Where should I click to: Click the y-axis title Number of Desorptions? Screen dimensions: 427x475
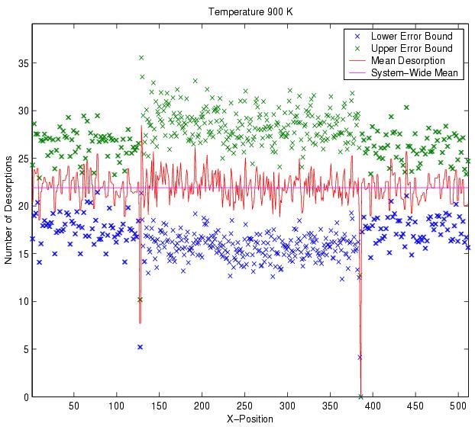click(8, 209)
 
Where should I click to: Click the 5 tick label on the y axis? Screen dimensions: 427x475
click(24, 349)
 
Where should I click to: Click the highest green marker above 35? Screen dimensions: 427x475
click(141, 57)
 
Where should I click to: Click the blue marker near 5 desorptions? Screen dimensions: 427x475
click(141, 347)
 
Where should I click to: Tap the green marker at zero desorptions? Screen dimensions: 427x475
click(360, 396)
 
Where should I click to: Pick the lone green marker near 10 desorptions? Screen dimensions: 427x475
click(140, 300)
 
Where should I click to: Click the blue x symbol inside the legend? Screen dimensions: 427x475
click(359, 37)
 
